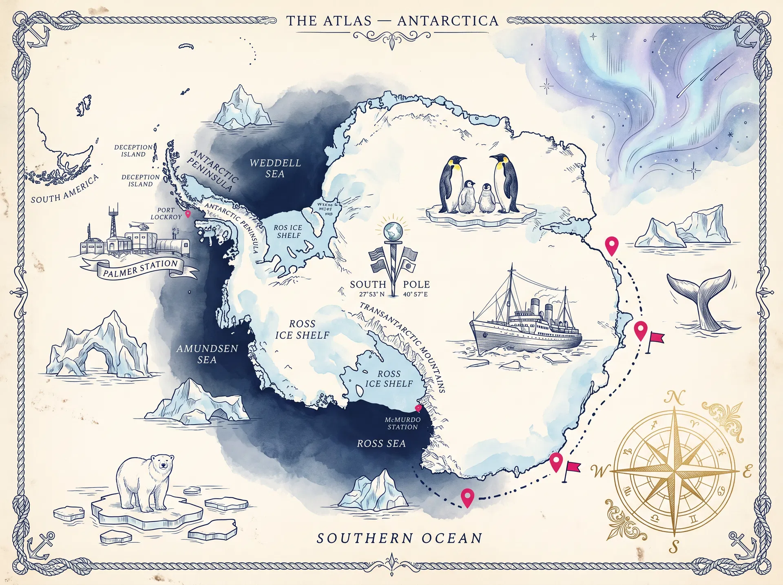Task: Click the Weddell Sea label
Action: click(x=275, y=168)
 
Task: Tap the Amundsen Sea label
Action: click(x=207, y=354)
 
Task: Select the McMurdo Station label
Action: click(x=403, y=423)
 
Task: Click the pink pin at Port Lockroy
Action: click(x=188, y=214)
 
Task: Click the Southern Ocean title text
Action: click(x=399, y=538)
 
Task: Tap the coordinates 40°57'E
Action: click(x=415, y=294)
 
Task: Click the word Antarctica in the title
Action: click(x=447, y=21)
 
